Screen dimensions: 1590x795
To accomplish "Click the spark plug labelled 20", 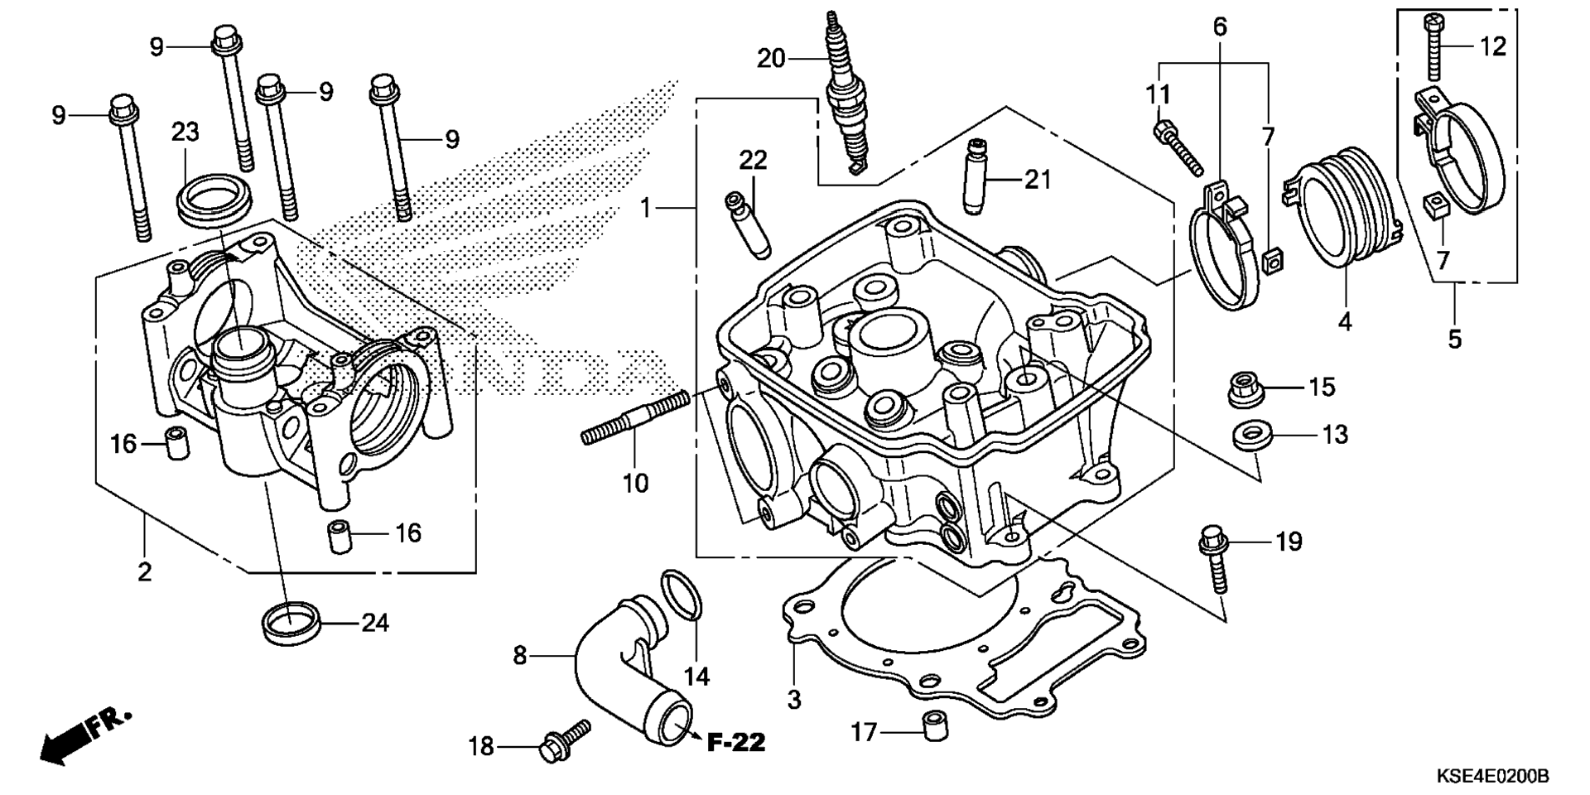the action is (845, 91).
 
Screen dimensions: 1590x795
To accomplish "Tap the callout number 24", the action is (375, 623).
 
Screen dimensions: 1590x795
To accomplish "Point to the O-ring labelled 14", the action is (682, 595).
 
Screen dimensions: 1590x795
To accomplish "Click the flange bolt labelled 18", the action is (566, 739).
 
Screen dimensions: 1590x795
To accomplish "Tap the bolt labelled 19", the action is (1215, 560).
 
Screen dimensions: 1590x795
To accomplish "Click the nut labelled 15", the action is (1243, 390).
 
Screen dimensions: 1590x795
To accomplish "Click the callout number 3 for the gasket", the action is (794, 700).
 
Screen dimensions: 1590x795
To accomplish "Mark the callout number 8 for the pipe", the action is (519, 657).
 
